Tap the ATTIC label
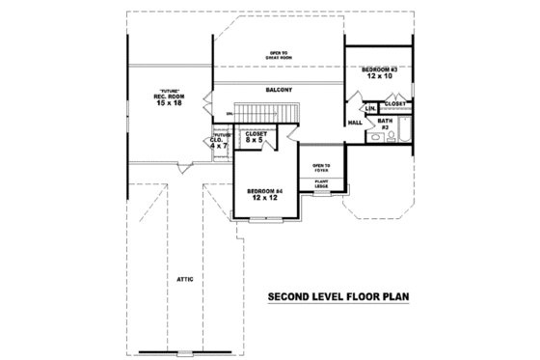(x=185, y=279)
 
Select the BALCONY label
(x=279, y=90)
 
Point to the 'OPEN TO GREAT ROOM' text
(x=279, y=55)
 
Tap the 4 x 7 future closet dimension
(x=217, y=146)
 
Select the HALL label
(x=354, y=123)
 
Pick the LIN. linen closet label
(x=369, y=108)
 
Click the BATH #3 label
(x=384, y=125)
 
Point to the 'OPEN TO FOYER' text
(x=320, y=168)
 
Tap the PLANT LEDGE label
(x=320, y=184)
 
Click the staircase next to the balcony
(x=271, y=116)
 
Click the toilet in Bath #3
(x=377, y=138)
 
